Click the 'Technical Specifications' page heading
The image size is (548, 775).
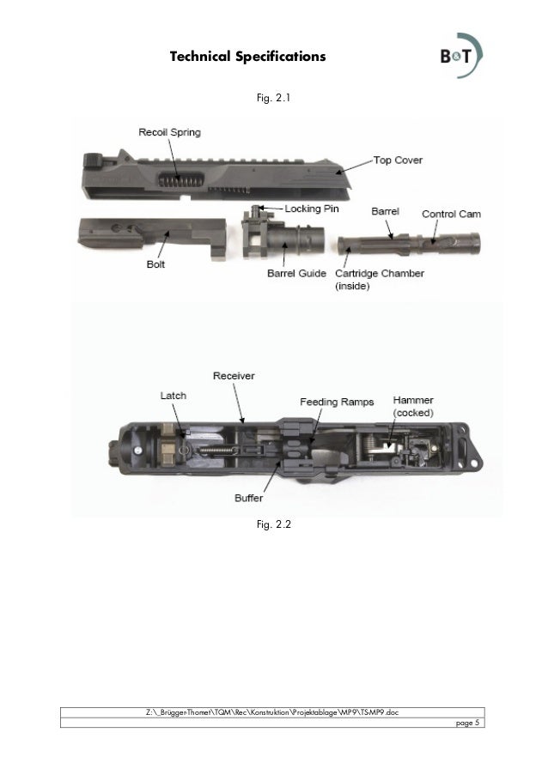tap(247, 57)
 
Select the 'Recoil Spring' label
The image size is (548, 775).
tap(171, 132)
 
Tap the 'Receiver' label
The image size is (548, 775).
tap(234, 375)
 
